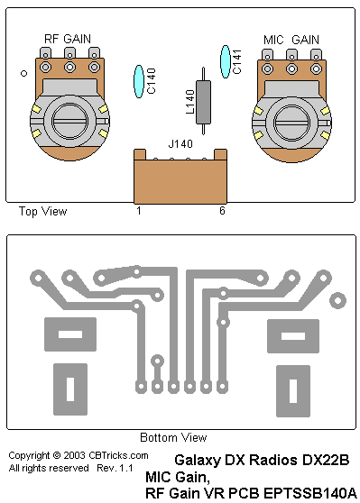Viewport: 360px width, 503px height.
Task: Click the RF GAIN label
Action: pos(68,39)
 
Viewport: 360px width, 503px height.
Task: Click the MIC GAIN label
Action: pos(291,40)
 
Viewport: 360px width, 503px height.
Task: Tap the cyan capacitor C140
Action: pos(139,81)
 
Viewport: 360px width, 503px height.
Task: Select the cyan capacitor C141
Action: pos(226,61)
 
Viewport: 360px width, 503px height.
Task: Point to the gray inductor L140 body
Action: pos(203,102)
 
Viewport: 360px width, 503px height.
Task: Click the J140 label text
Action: pos(180,143)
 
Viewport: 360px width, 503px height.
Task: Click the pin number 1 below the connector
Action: pos(139,211)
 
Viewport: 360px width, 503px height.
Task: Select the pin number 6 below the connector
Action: pos(222,210)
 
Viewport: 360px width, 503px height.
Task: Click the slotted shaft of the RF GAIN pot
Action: pos(69,122)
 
